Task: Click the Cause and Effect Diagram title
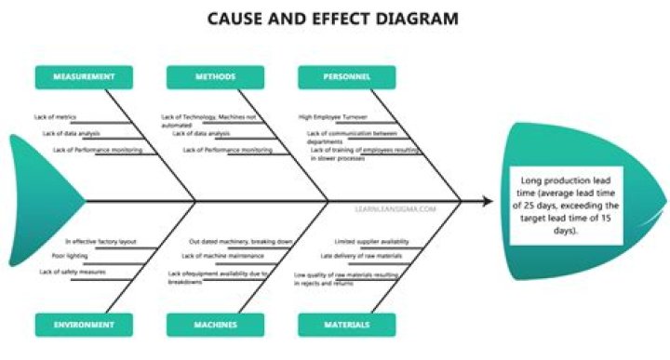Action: tap(333, 19)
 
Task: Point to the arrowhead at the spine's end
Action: tap(487, 201)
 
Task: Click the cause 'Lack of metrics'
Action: tap(54, 117)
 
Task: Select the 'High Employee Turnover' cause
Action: tap(333, 117)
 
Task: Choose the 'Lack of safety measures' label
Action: tap(72, 272)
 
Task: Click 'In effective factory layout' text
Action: tap(100, 241)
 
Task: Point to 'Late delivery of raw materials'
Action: tap(361, 255)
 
